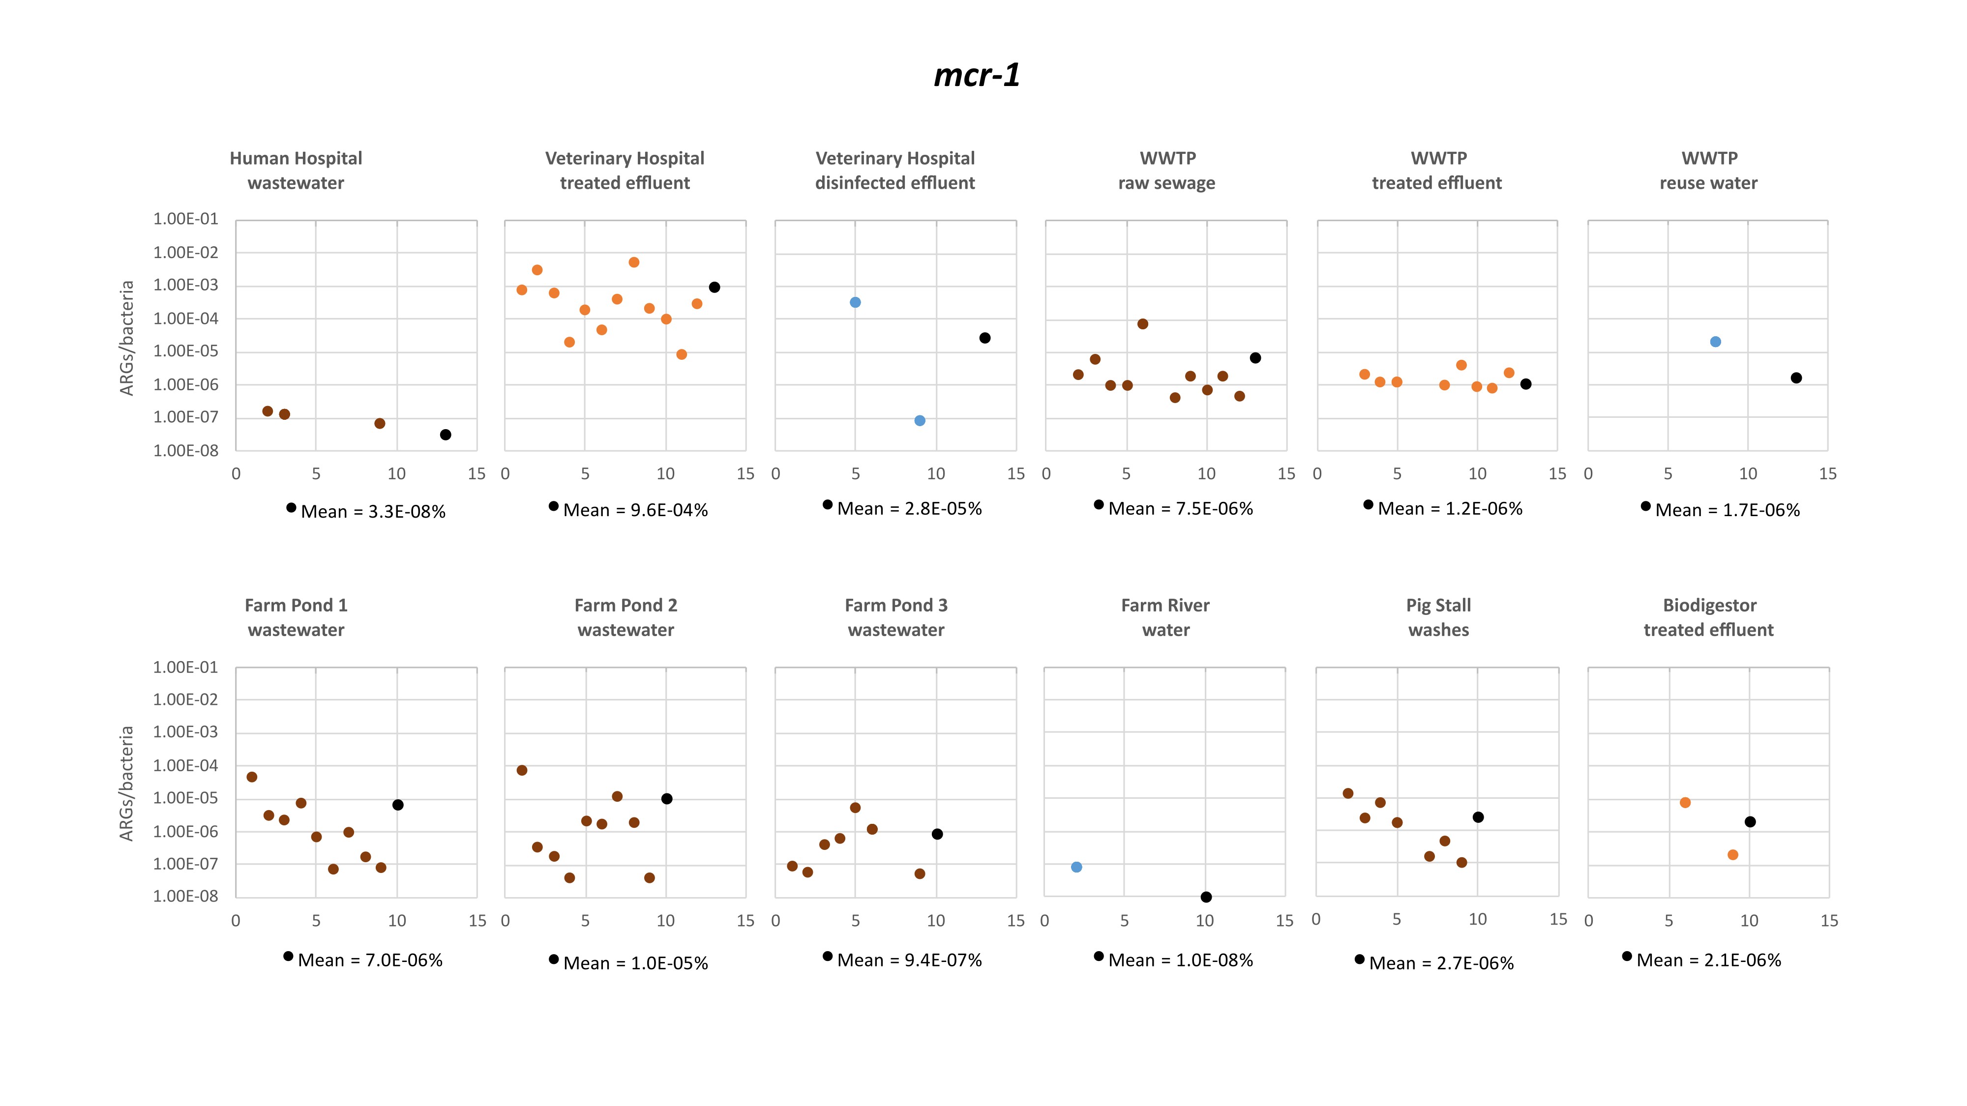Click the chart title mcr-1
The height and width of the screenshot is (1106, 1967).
click(977, 75)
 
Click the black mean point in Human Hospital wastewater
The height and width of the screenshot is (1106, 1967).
click(445, 435)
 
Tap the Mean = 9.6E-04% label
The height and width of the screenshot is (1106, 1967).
click(635, 510)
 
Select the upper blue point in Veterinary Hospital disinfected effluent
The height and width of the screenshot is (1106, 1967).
click(855, 302)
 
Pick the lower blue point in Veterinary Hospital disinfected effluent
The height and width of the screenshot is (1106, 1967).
click(920, 421)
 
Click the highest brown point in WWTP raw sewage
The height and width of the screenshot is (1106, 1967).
click(1142, 323)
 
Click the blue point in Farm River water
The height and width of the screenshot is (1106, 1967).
click(1076, 867)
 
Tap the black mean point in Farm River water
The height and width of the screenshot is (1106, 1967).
click(1206, 897)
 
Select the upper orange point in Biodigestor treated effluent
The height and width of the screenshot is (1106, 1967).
click(1684, 802)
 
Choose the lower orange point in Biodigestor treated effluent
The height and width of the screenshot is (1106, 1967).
click(1732, 855)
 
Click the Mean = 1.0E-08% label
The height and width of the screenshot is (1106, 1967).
click(1181, 960)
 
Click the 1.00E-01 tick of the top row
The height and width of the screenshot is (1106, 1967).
click(185, 219)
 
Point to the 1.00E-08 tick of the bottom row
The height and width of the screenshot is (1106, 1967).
click(185, 896)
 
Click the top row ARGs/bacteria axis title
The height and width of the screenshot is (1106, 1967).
click(127, 338)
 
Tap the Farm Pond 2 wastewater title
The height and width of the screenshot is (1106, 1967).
click(626, 617)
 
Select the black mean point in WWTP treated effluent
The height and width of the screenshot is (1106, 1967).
click(1525, 384)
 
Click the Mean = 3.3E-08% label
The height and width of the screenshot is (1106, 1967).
click(373, 511)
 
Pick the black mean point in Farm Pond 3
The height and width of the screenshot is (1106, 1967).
click(937, 834)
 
